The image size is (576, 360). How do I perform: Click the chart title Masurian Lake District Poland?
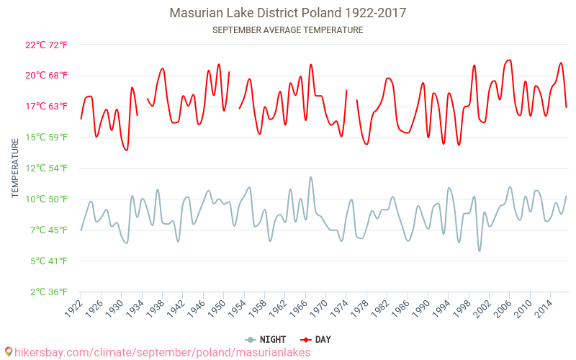(287, 13)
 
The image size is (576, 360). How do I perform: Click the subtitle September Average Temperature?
(287, 30)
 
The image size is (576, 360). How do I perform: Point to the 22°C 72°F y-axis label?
(46, 45)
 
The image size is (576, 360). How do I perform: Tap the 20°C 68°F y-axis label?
(46, 76)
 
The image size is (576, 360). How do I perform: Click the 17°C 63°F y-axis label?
(46, 107)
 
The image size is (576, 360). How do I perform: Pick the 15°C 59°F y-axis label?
(46, 138)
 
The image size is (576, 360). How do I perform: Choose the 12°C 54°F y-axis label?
(46, 168)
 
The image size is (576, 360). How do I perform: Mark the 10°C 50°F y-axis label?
(46, 199)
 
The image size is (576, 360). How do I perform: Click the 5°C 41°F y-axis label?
(46, 261)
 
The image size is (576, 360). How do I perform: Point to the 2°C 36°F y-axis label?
(46, 292)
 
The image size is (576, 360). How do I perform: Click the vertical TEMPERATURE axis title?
(15, 168)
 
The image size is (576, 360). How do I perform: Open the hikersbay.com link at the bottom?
(162, 352)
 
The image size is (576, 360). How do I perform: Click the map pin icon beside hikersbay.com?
(8, 352)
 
